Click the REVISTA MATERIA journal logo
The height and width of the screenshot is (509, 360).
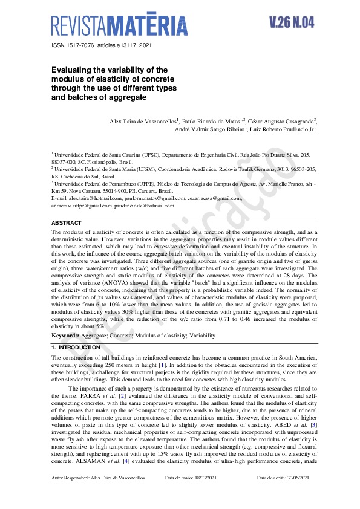click(119, 25)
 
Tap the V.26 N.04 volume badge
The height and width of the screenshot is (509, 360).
click(292, 22)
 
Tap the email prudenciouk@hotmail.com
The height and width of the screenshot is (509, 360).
click(145, 206)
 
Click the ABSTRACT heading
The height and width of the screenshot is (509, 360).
click(66, 223)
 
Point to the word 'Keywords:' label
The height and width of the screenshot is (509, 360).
click(65, 335)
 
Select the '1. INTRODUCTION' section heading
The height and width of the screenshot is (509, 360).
click(76, 348)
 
